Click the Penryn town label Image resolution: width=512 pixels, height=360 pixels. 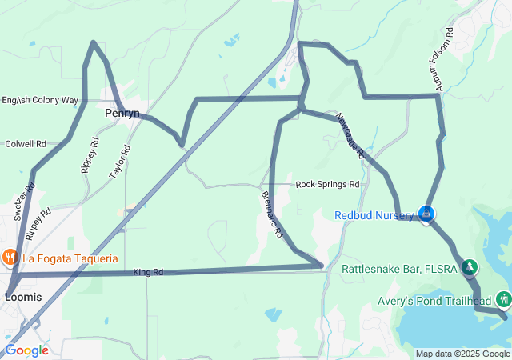[122, 114]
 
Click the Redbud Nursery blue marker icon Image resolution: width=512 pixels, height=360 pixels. [427, 214]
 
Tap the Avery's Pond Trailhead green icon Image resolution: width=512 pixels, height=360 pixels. [503, 300]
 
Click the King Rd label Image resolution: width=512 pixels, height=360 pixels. [148, 273]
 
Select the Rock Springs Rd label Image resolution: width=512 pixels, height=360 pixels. [327, 184]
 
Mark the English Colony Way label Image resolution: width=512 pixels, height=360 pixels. [39, 101]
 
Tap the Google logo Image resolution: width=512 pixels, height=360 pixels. [26, 350]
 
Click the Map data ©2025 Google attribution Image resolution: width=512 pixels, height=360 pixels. [462, 354]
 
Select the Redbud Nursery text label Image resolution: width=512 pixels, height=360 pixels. [374, 215]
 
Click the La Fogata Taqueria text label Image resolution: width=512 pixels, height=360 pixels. [70, 258]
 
